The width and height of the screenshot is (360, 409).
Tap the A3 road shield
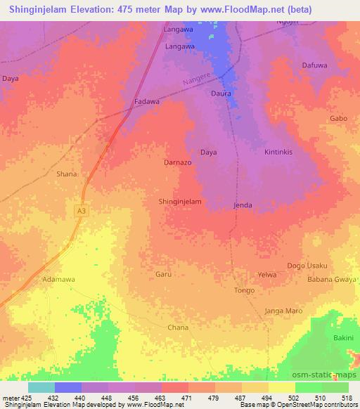(82, 209)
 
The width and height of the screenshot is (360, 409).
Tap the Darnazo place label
(178, 162)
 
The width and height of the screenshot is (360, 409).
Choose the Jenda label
(243, 205)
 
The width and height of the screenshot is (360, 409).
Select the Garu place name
(163, 275)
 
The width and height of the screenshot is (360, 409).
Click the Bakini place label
(344, 339)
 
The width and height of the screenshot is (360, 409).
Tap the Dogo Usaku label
(307, 266)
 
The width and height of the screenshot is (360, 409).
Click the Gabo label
(338, 119)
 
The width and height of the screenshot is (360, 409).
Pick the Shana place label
(66, 174)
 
